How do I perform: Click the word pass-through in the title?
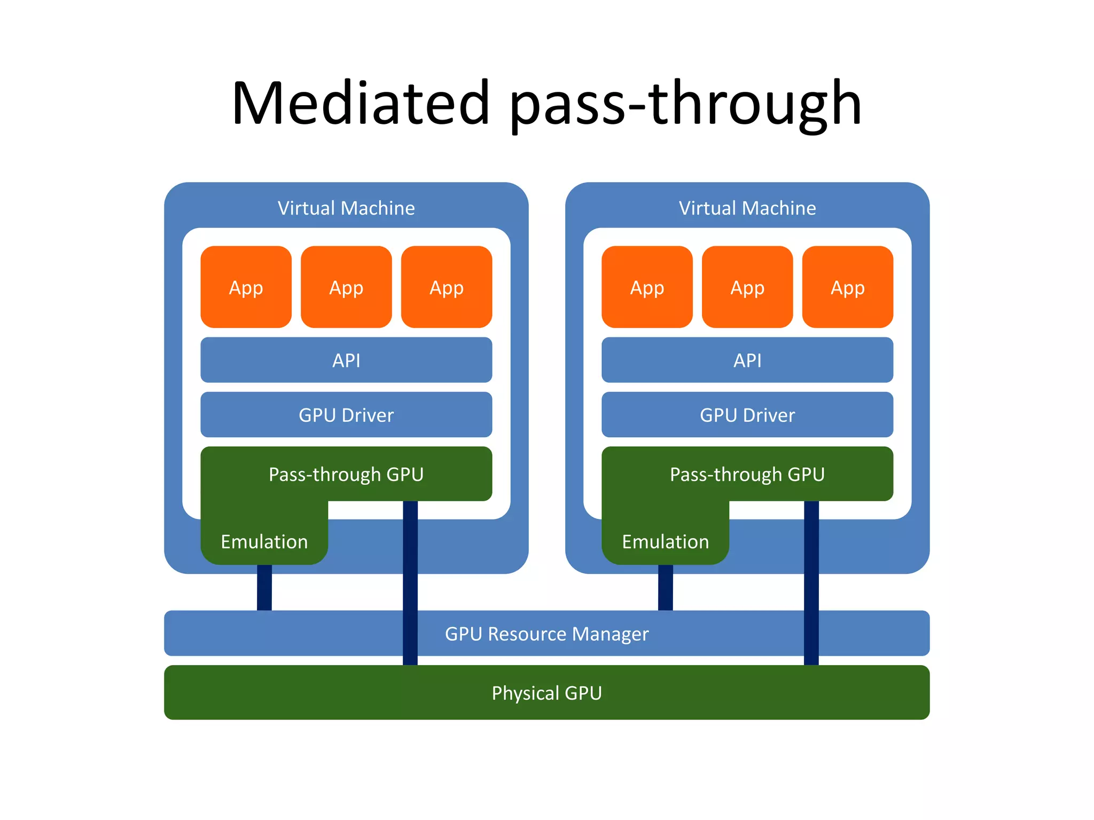(x=685, y=102)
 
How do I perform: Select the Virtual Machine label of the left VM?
(x=346, y=208)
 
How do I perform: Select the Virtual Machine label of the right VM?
(x=747, y=208)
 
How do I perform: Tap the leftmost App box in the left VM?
(x=246, y=287)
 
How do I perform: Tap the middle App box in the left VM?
(x=346, y=287)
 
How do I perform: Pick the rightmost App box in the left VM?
(x=447, y=287)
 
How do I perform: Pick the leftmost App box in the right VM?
(x=647, y=287)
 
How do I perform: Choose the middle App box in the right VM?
(x=747, y=287)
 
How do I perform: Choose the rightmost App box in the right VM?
(x=848, y=287)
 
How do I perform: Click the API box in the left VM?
(x=346, y=360)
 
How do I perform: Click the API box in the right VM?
(x=747, y=360)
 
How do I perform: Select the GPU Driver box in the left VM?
(x=346, y=415)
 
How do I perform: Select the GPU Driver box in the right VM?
(x=747, y=415)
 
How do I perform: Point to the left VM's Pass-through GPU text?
(x=346, y=474)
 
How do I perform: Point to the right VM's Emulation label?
(x=665, y=541)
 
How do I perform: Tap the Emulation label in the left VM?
(x=264, y=541)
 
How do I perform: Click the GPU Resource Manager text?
(x=546, y=634)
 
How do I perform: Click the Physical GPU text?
(x=546, y=693)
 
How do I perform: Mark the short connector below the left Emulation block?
(x=264, y=587)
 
